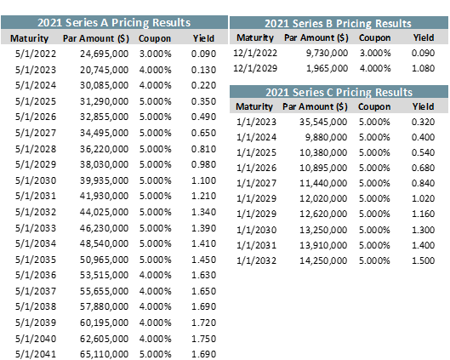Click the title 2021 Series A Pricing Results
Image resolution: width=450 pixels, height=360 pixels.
(114, 23)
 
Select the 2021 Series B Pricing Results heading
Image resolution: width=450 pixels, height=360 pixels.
(338, 24)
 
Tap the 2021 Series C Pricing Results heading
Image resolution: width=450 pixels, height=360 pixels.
(339, 93)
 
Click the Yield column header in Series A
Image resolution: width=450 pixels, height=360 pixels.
(203, 38)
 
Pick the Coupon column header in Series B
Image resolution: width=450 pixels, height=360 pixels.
(374, 37)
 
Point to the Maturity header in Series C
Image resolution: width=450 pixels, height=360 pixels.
(254, 106)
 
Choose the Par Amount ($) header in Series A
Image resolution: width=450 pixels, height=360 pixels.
(96, 38)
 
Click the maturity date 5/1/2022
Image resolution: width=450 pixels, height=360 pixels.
(36, 54)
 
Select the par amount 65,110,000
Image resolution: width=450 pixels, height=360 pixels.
(104, 354)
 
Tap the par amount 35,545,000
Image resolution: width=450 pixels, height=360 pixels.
(323, 122)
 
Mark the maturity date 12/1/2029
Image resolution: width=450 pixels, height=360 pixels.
(255, 68)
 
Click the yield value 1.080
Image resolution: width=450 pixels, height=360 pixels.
(423, 68)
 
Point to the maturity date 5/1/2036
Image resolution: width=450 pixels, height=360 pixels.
(36, 275)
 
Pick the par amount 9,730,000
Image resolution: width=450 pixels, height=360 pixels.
(327, 53)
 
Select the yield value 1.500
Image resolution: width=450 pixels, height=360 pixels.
(423, 260)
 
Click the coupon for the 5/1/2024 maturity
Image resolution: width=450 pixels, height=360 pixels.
(156, 85)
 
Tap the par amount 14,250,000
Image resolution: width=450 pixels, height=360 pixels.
(323, 260)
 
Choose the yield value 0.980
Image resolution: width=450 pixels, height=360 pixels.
(203, 164)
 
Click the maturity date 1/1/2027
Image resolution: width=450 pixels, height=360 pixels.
(256, 183)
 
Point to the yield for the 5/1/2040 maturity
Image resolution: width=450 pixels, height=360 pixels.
(203, 339)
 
